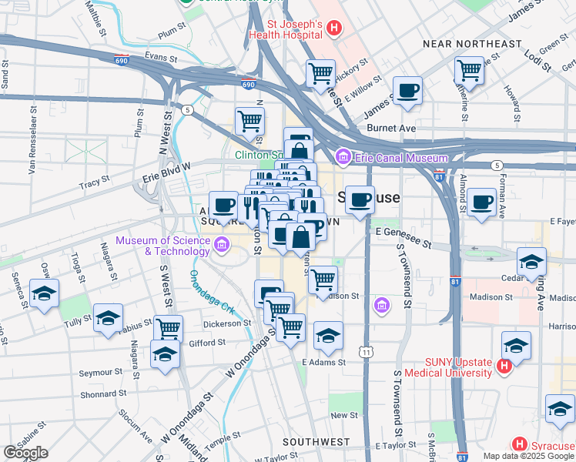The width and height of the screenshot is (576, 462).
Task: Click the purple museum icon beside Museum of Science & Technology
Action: (222, 246)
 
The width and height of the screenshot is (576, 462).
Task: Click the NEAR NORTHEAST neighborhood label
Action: (472, 44)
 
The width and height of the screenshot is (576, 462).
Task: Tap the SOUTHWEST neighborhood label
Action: (316, 442)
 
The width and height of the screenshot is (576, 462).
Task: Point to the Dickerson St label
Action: (227, 323)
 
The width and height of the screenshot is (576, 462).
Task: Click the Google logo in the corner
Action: (25, 453)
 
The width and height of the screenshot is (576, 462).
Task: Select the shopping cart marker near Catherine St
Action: (468, 71)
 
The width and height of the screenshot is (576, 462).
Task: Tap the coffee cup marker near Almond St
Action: (482, 203)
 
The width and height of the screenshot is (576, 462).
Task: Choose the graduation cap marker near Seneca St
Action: (45, 293)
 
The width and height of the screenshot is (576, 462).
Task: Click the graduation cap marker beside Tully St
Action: (108, 317)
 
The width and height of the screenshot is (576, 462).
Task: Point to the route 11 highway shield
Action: (368, 352)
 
